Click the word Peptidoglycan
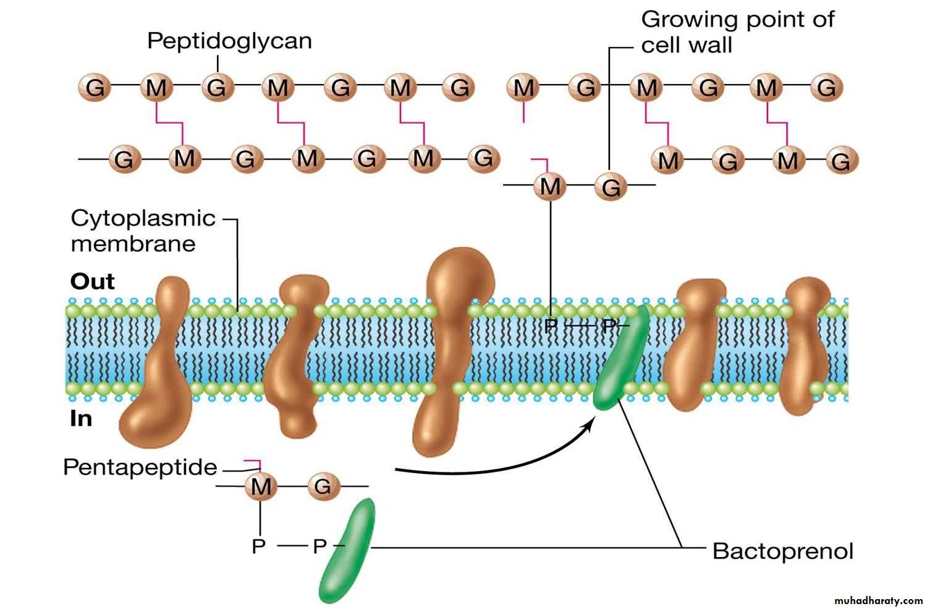(229, 41)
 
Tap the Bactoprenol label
(782, 550)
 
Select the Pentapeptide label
(140, 467)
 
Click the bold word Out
(93, 282)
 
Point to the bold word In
(81, 419)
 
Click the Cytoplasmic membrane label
(143, 231)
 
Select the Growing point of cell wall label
(737, 32)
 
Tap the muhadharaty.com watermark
(878, 600)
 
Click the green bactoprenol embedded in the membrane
(620, 359)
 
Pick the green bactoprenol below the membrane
(347, 550)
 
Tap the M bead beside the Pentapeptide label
(261, 487)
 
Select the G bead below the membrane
(323, 487)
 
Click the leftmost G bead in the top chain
(95, 88)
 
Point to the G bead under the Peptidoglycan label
(217, 88)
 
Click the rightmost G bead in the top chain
(826, 88)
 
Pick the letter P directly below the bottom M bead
(259, 547)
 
